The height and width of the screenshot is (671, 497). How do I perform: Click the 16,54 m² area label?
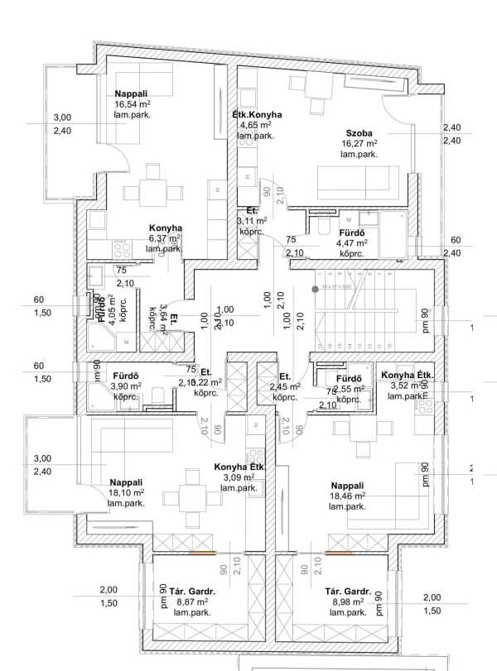[x=133, y=105]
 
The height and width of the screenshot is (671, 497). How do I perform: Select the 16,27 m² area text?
[x=359, y=143]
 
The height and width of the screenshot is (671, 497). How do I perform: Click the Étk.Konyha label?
[x=257, y=114]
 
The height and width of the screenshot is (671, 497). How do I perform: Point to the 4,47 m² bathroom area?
[x=351, y=243]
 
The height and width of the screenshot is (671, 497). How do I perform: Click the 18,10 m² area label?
[x=127, y=492]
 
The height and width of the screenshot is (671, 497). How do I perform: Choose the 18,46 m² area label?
[x=348, y=496]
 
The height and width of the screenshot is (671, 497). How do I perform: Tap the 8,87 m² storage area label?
[x=191, y=602]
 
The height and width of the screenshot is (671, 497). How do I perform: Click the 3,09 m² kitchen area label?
[x=239, y=477]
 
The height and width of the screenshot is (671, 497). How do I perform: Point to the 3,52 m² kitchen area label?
[x=405, y=385]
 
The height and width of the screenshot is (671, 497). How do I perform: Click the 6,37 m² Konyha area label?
[x=165, y=238]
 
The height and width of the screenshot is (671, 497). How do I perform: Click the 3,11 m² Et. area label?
[x=251, y=221]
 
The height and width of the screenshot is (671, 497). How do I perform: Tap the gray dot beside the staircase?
[x=315, y=289]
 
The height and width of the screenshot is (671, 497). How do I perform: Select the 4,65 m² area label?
[x=257, y=125]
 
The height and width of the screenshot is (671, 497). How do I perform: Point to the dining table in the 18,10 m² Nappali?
[x=193, y=496]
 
